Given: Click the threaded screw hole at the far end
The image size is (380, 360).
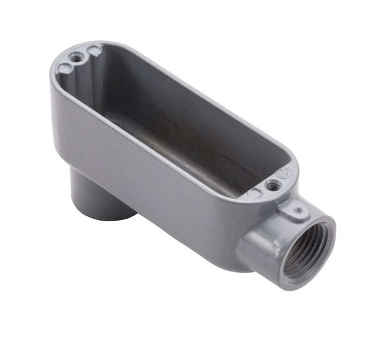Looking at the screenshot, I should tap(77, 57).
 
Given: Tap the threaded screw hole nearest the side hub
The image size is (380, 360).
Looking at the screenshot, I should tap(272, 185).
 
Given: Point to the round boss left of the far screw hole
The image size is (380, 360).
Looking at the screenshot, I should tap(64, 67).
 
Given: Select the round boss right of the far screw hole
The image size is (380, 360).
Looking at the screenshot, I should tap(94, 50).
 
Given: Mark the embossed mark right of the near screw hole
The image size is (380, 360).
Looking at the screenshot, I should tap(286, 172).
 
